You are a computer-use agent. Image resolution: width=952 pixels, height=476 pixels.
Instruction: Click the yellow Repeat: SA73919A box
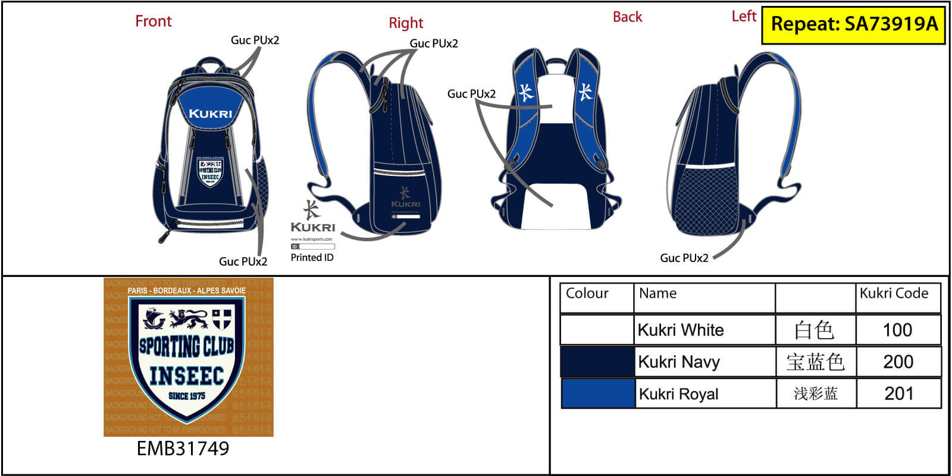(x=853, y=24)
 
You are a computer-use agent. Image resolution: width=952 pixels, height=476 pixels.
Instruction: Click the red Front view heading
(x=153, y=21)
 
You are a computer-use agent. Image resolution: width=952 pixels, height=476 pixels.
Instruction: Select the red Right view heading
(x=406, y=23)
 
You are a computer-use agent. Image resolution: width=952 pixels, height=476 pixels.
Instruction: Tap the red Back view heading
(x=627, y=17)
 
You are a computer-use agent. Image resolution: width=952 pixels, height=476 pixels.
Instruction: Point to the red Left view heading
(x=743, y=17)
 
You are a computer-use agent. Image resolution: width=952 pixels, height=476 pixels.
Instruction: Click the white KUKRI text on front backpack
(x=211, y=114)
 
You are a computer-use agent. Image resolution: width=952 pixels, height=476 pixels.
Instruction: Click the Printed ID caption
(x=312, y=257)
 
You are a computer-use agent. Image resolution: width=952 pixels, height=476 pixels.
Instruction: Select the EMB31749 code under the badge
(x=183, y=448)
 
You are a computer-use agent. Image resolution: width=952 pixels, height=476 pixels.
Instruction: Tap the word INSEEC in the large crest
(x=186, y=376)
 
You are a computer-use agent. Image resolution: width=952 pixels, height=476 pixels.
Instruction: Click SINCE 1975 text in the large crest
(x=186, y=396)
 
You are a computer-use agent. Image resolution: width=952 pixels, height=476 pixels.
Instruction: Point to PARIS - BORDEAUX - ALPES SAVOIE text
(x=186, y=291)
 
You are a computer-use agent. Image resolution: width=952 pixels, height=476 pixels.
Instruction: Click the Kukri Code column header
(x=894, y=294)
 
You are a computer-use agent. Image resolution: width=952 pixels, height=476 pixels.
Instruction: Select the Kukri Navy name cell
(x=679, y=362)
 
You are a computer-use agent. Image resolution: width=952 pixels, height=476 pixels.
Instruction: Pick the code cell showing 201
(x=898, y=393)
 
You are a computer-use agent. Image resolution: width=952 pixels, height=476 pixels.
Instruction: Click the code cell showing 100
(x=897, y=330)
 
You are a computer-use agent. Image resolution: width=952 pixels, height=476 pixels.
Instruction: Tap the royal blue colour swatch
(x=597, y=393)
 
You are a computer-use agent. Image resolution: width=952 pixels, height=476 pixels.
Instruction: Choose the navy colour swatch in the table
(x=597, y=362)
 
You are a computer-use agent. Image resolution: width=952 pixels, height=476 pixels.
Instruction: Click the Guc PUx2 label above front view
(x=255, y=40)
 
